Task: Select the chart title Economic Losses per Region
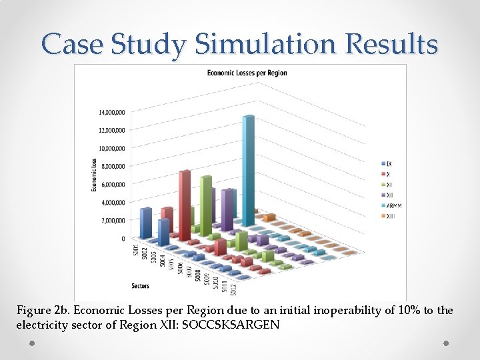tap(247, 73)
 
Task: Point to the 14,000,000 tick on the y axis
tap(111, 112)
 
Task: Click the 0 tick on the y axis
tap(123, 238)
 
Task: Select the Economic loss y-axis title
tap(94, 175)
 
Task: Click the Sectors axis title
tap(141, 286)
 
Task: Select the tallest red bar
tap(184, 200)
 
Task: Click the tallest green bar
tap(206, 203)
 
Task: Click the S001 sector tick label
tap(136, 251)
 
